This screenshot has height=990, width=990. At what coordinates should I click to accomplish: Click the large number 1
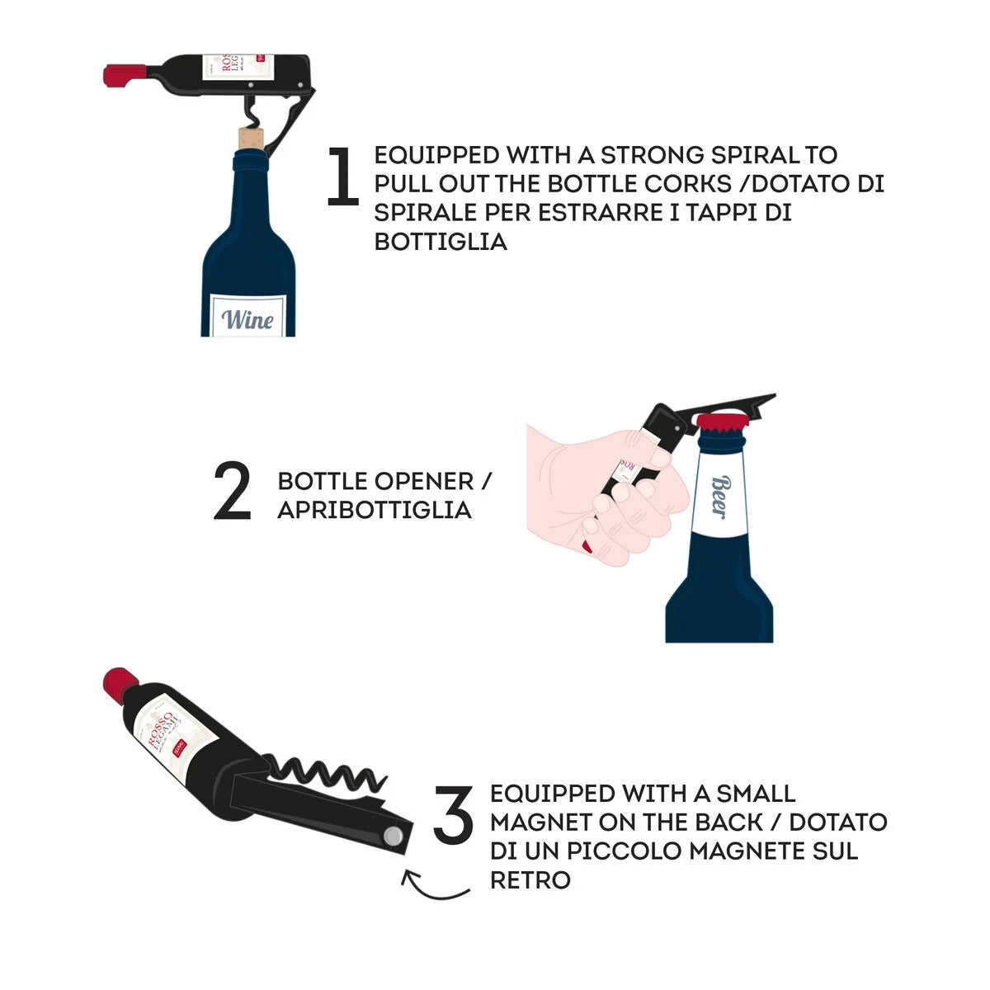343,177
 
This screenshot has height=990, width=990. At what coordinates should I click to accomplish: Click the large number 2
232,492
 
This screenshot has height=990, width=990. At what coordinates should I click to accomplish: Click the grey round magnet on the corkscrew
395,837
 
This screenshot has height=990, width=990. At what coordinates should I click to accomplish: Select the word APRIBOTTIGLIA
375,510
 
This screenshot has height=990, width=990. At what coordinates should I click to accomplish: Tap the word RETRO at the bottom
530,879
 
